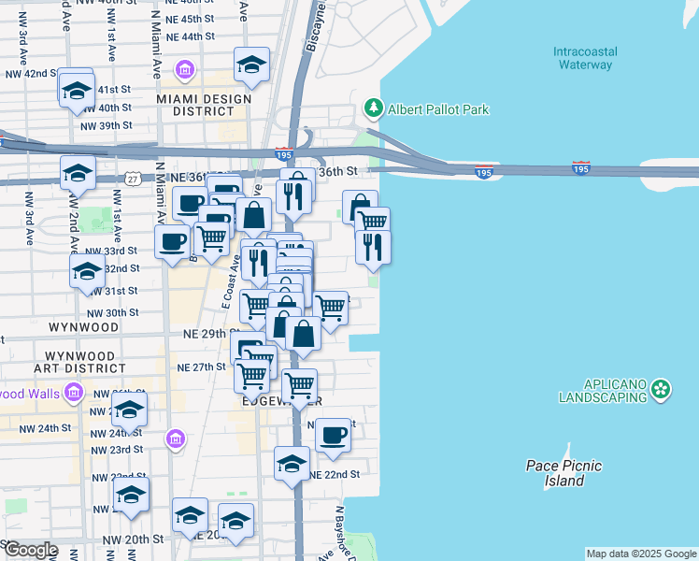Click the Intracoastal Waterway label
coord(584,58)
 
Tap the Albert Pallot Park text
coord(438,109)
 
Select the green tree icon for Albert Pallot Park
coord(374,108)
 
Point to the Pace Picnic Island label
coord(563,473)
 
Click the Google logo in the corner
coord(30,550)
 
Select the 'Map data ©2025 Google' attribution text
coord(641,554)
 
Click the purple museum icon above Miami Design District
coord(184,70)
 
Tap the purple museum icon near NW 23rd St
coord(175,439)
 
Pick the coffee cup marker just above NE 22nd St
coord(333,435)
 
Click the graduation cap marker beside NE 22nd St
coord(292,464)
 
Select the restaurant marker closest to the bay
coord(372,247)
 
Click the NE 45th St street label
coord(183,19)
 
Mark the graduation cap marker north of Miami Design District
coord(251,65)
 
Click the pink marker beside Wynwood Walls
coord(71,393)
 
